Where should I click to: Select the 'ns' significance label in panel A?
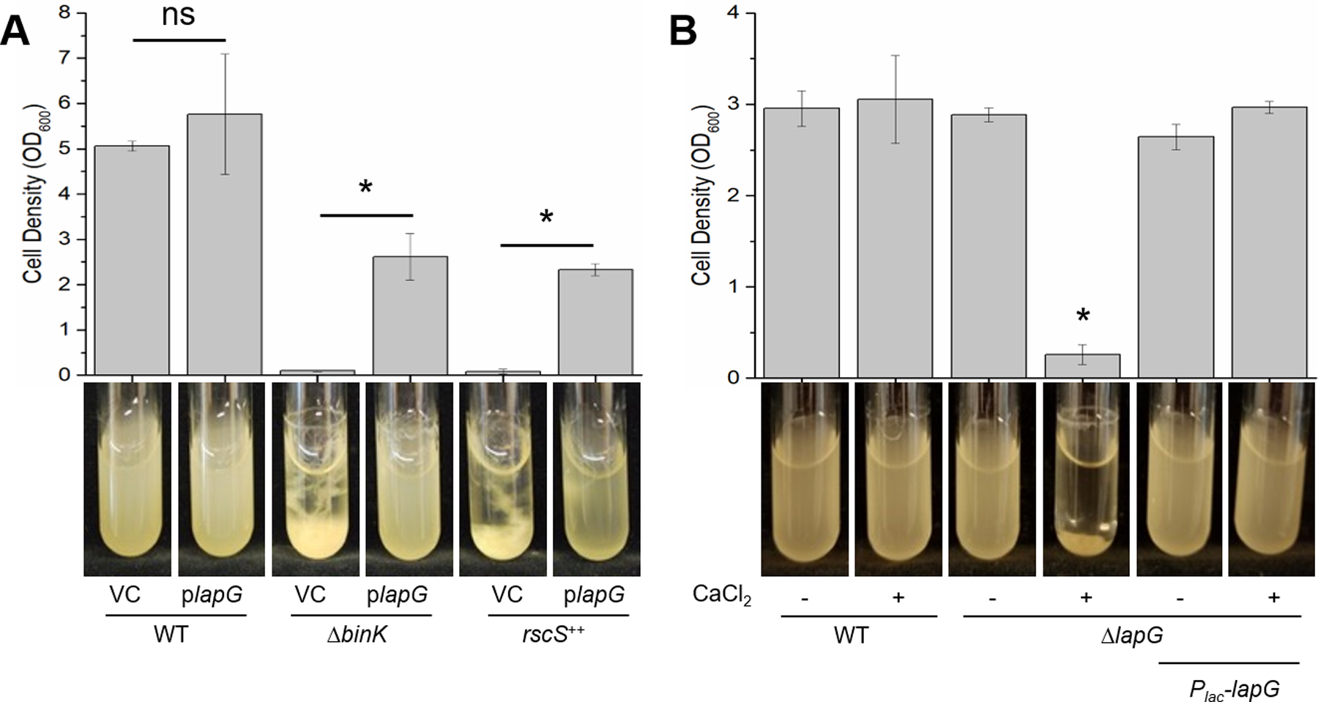coord(179,15)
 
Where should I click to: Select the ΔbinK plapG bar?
coord(410,315)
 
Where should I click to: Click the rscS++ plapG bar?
coord(595,322)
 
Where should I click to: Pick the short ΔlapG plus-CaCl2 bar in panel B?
coord(1083,366)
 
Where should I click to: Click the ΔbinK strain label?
coord(357,634)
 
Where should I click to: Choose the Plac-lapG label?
coord(1234,689)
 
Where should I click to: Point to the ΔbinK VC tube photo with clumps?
coord(313,479)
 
